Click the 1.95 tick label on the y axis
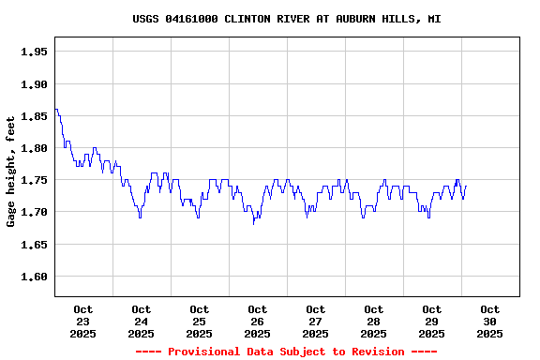click(x=34, y=52)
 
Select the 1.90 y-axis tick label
click(x=34, y=84)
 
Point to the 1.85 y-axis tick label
click(x=34, y=116)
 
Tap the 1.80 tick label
click(x=34, y=148)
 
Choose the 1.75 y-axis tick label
click(x=34, y=180)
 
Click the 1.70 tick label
click(x=34, y=213)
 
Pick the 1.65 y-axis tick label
click(x=34, y=245)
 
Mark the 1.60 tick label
click(x=34, y=277)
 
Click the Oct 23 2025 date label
click(x=83, y=321)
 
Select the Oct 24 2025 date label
click(x=142, y=321)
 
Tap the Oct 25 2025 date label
click(x=200, y=321)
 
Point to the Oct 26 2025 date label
click(x=258, y=321)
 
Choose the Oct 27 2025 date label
click(x=316, y=321)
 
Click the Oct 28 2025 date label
click(x=374, y=321)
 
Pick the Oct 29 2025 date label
click(x=432, y=321)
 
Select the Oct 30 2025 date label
click(x=490, y=321)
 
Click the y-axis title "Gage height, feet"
click(x=11, y=172)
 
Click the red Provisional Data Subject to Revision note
click(x=286, y=352)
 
